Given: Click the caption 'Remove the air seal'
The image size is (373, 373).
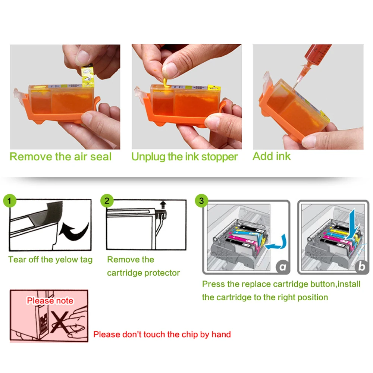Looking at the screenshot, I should (x=60, y=156).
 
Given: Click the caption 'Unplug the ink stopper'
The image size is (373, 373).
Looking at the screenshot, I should (x=184, y=157).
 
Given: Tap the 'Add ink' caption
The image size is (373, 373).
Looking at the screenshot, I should (x=271, y=156).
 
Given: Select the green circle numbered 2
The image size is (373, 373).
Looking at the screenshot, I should (x=107, y=201).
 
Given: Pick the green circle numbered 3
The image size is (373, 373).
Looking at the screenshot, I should (x=201, y=201).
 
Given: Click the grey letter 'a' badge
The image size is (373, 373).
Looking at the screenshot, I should (x=283, y=266).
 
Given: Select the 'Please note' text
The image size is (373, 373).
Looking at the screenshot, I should (x=50, y=301).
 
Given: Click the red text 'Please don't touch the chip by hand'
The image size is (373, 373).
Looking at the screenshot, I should (x=162, y=334).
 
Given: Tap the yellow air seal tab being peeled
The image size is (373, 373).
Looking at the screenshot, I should (x=87, y=74).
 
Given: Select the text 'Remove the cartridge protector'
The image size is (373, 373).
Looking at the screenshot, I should (x=143, y=266).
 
